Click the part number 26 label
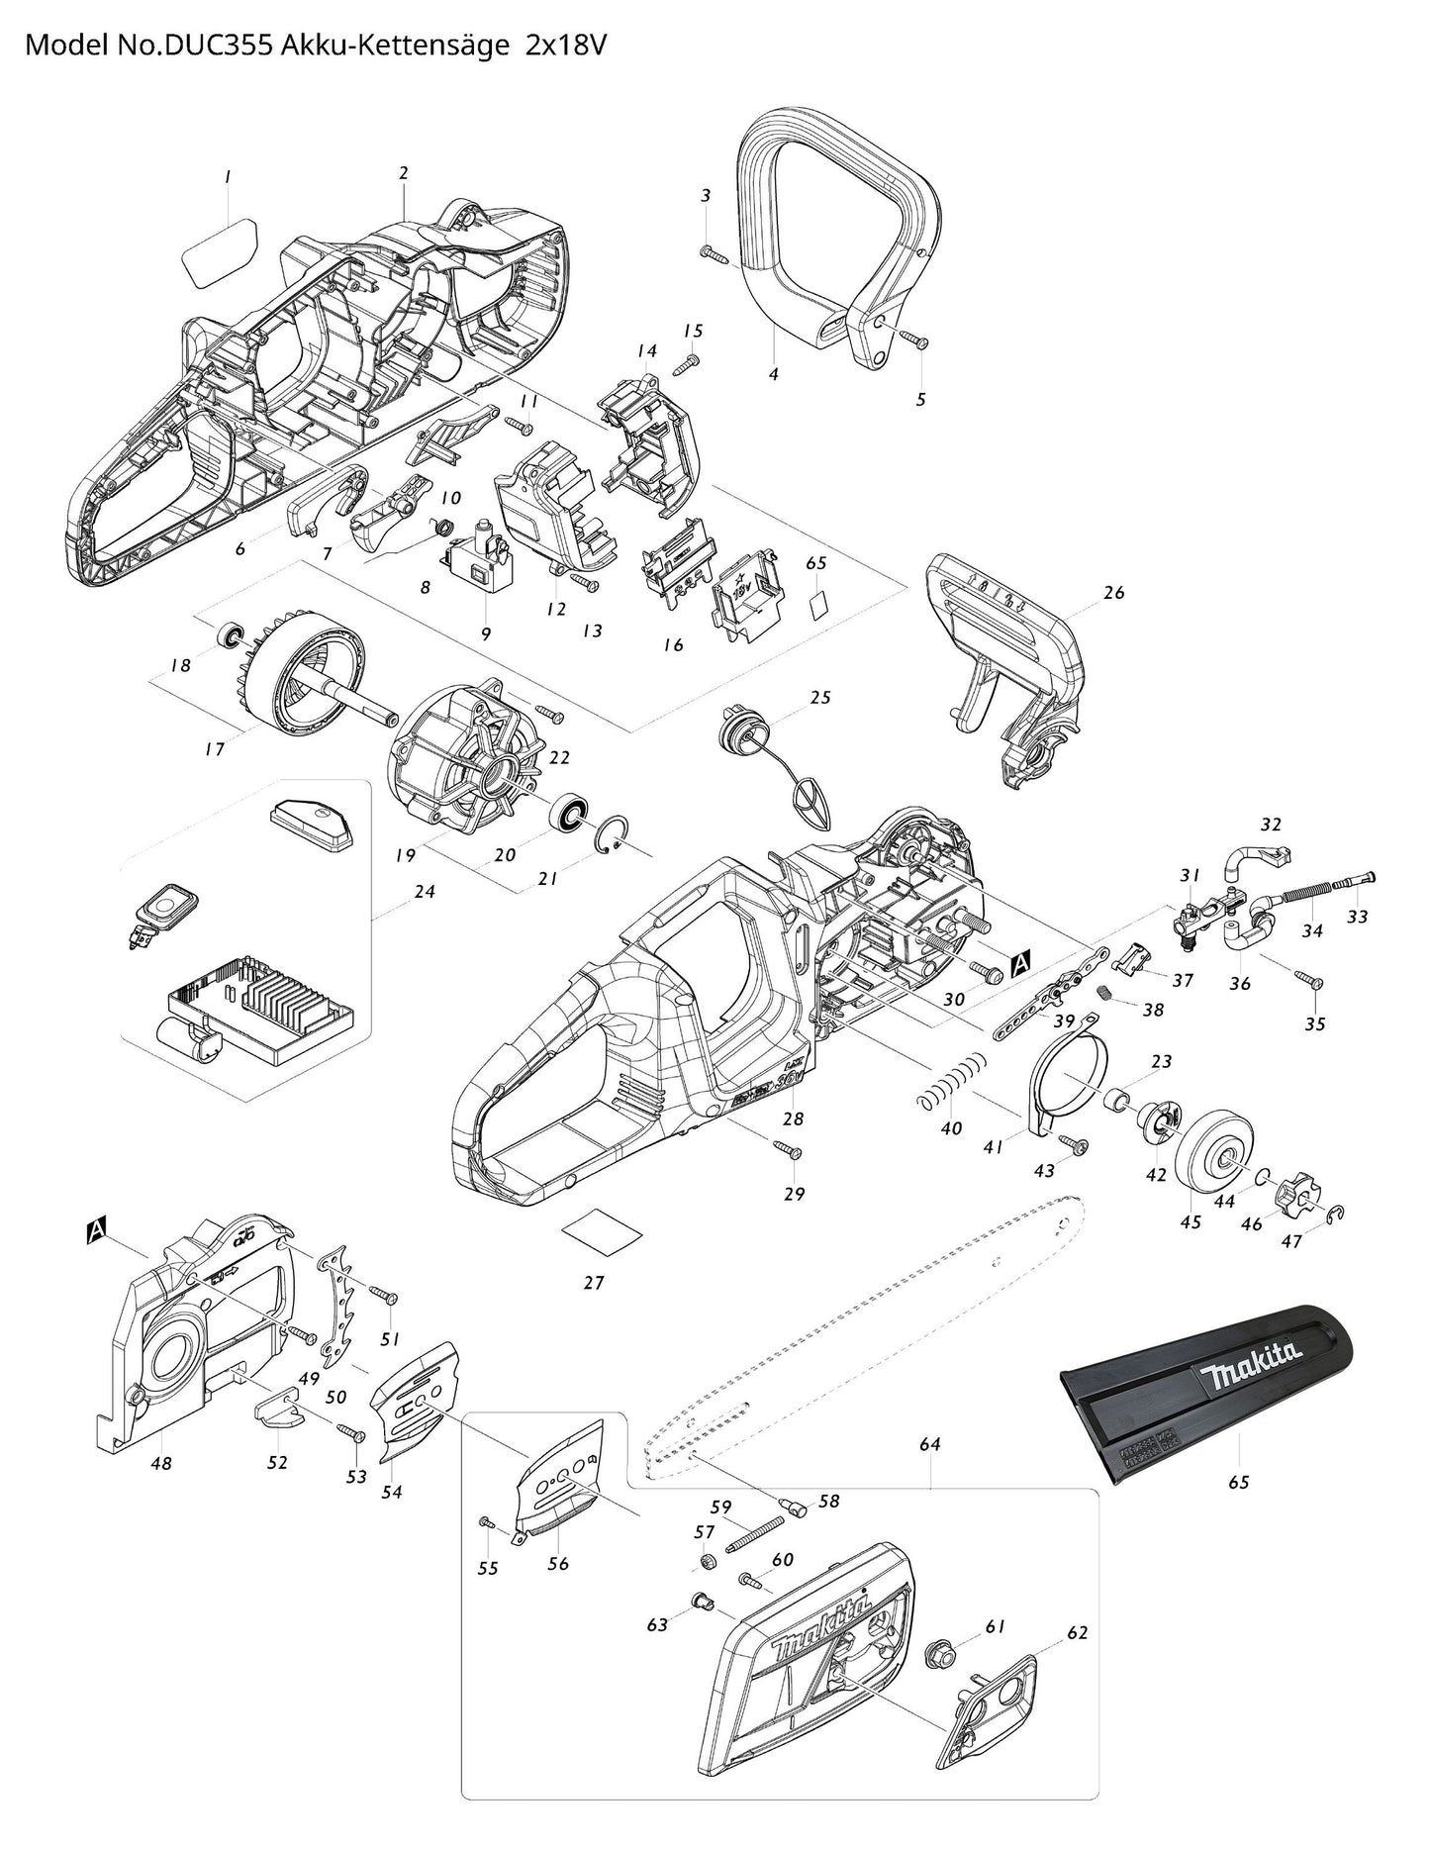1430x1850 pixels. click(x=1114, y=593)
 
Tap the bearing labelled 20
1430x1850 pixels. click(x=570, y=814)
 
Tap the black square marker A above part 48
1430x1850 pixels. click(x=96, y=1230)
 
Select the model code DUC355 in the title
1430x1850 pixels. click(x=219, y=46)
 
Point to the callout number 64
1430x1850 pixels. click(x=929, y=1444)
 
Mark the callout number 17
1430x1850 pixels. click(x=214, y=749)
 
